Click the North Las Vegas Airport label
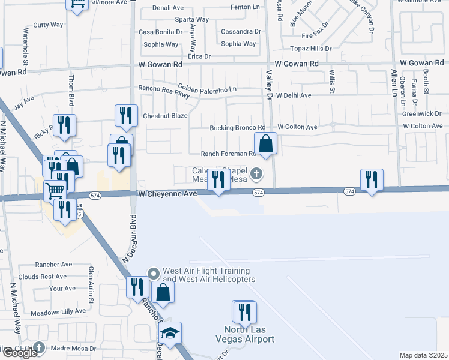[x=249, y=334]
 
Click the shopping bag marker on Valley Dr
[x=265, y=144]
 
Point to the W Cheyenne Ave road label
[x=167, y=194]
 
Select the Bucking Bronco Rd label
[x=237, y=128]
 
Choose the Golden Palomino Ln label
[x=206, y=89]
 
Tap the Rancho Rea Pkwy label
[x=164, y=91]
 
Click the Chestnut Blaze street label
[x=164, y=116]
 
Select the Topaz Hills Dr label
[x=311, y=48]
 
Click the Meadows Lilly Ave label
[x=58, y=312]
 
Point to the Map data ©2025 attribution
[x=423, y=355]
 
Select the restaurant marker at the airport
[x=244, y=313]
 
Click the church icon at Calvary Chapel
[x=256, y=174]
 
